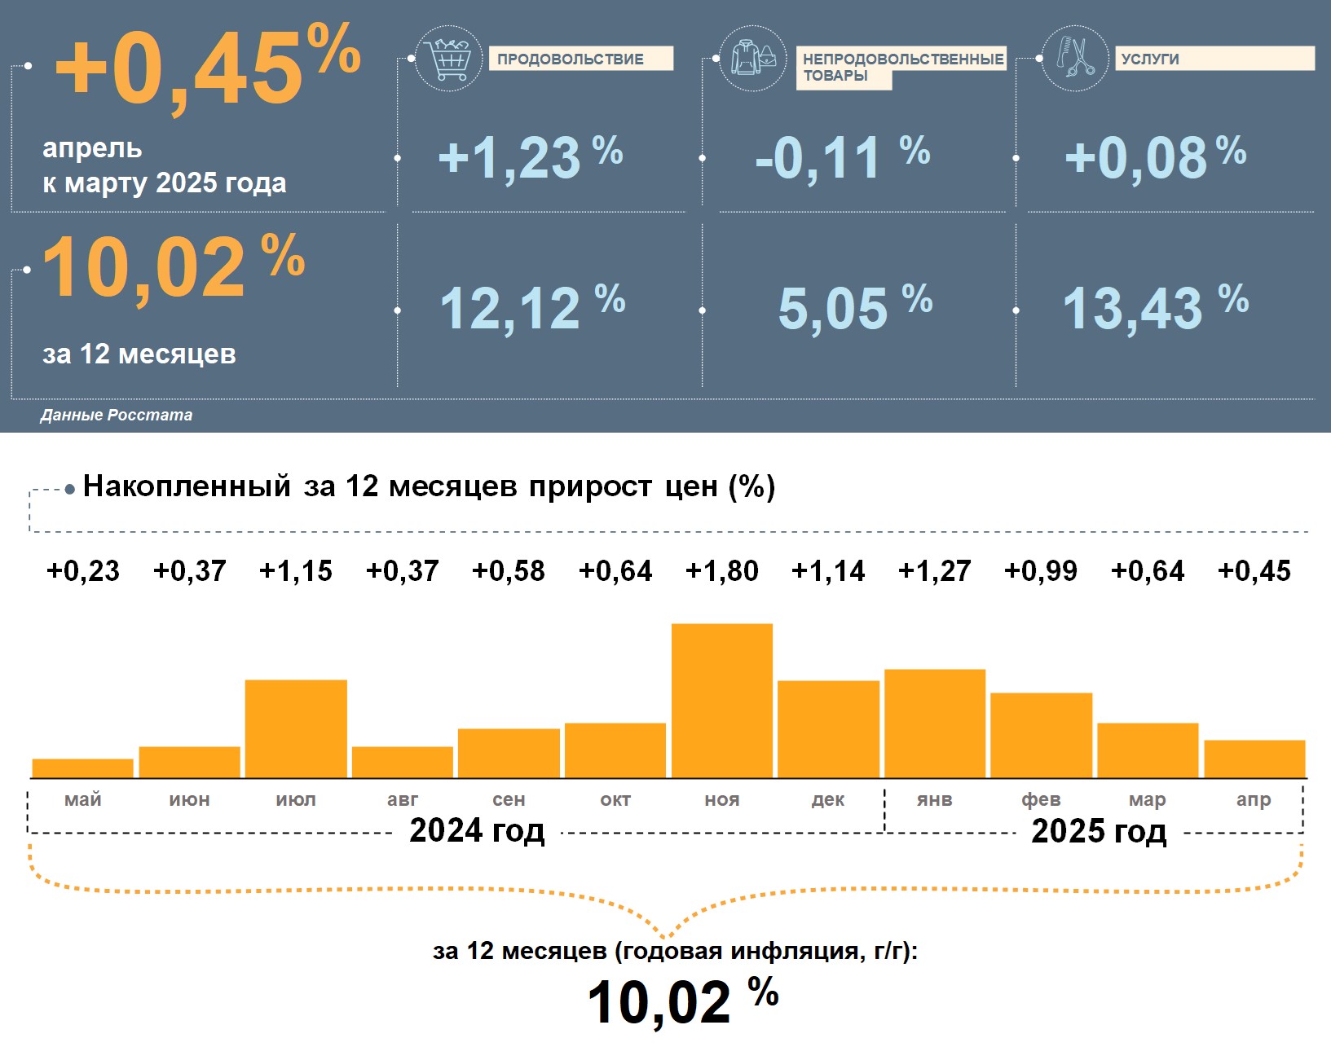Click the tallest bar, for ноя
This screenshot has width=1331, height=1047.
point(721,701)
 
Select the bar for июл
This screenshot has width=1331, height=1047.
point(296,728)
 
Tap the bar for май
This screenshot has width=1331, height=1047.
point(82,768)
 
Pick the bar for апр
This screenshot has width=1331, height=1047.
point(1254,759)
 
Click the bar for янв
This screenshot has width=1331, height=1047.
point(935,724)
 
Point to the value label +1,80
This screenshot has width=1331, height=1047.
point(721,571)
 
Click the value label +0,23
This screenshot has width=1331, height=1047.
point(82,571)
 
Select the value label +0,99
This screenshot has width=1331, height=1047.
point(1041,571)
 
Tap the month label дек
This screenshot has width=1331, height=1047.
point(828,800)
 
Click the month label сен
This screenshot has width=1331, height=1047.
point(509,800)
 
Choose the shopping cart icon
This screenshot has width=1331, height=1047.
point(448,58)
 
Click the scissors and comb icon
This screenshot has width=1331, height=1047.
point(1075,58)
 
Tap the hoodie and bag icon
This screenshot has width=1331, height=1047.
point(753,58)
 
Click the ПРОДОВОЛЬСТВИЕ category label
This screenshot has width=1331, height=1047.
point(580,59)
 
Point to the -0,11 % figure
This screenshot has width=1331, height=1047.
point(842,157)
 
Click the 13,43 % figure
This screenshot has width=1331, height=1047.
point(1154,308)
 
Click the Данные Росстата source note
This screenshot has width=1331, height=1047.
point(117,415)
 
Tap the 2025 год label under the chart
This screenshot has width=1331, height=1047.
point(1099,831)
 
